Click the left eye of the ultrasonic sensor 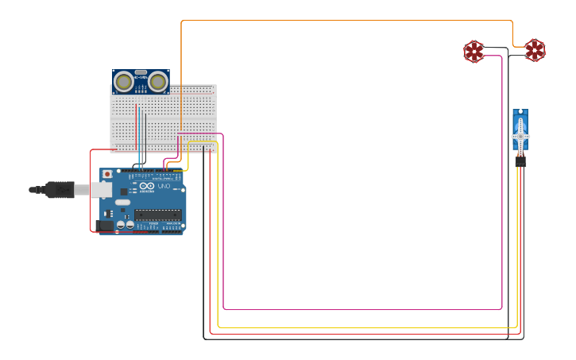(123, 81)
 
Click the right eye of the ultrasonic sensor (158, 81)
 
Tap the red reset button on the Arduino (107, 174)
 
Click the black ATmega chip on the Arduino (157, 214)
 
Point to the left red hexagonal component (474, 52)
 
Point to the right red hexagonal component (535, 50)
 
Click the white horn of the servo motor (520, 135)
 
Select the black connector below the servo (520, 161)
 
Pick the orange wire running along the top (342, 21)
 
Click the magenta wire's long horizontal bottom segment (358, 309)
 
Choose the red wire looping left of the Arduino (90, 191)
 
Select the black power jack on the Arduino (104, 226)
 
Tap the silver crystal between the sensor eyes (141, 72)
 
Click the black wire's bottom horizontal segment (358, 339)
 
